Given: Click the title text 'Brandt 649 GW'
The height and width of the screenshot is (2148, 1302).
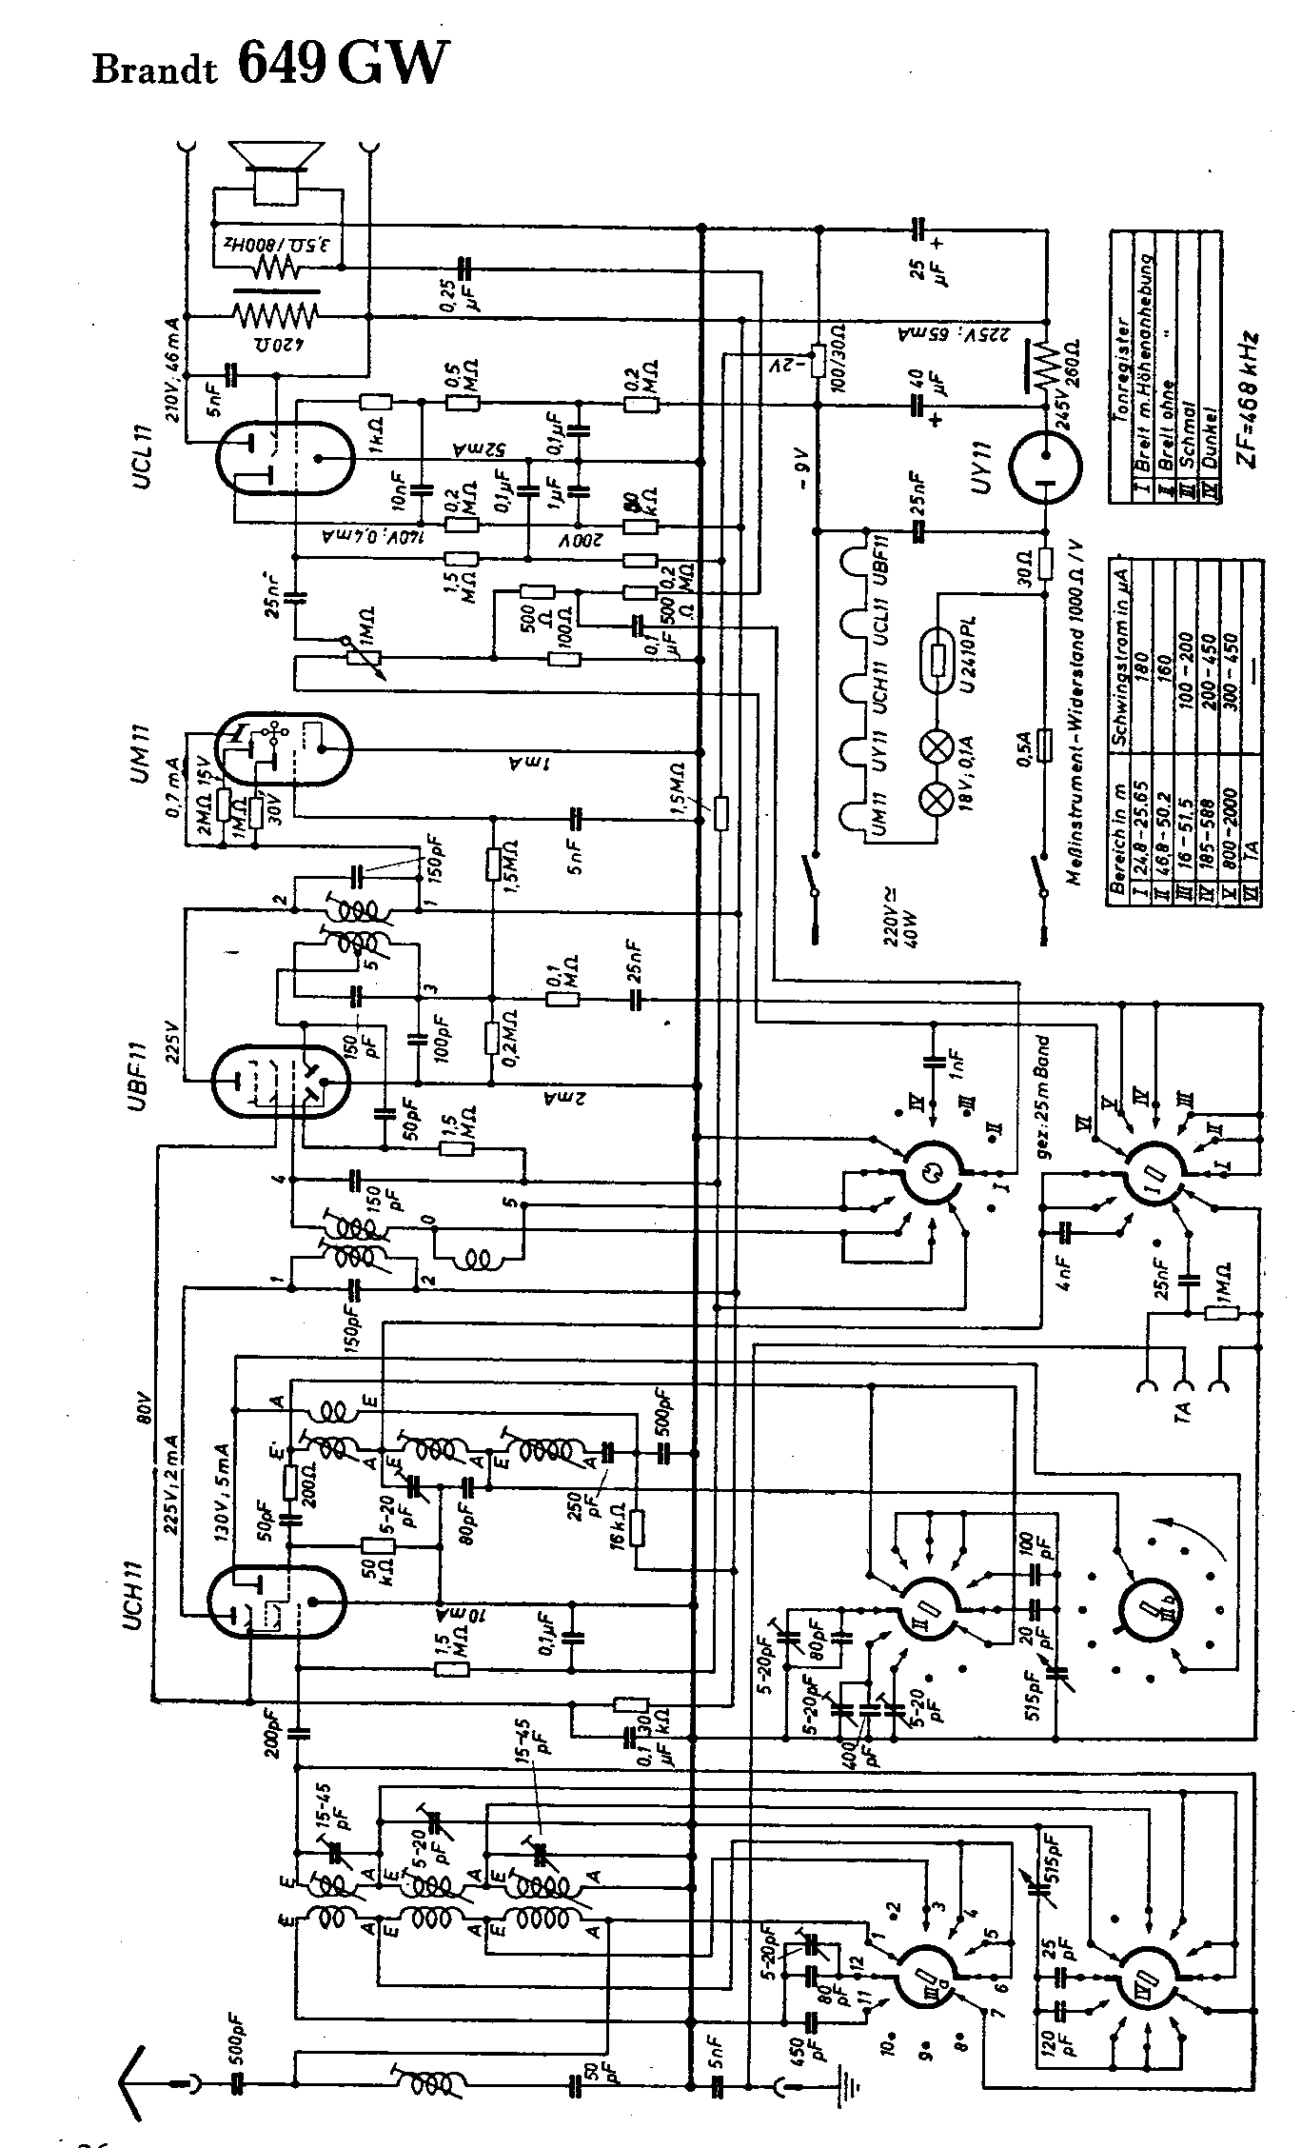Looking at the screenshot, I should [267, 65].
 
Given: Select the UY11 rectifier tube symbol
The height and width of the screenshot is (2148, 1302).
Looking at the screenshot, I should [1045, 467].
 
